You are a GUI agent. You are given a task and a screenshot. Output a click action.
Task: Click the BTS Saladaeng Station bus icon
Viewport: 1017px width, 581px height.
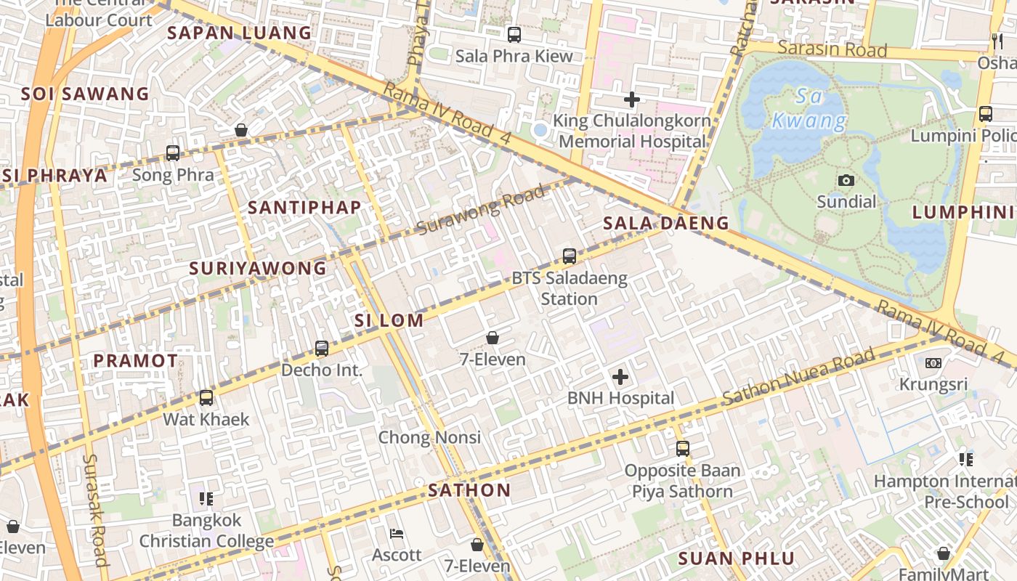tap(570, 256)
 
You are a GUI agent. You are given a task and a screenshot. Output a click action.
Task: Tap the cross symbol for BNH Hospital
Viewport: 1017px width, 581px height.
tap(620, 377)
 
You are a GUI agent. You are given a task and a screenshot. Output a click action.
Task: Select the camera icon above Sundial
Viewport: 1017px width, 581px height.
tap(846, 180)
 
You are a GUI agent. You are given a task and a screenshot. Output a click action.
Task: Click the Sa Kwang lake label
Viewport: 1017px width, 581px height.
tap(808, 108)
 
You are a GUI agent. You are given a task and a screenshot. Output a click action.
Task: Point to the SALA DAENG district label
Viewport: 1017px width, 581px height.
tap(666, 223)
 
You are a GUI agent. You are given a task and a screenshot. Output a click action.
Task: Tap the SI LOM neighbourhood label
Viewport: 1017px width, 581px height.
tap(389, 320)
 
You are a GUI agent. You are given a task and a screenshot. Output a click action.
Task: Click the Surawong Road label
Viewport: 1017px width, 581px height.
tap(481, 211)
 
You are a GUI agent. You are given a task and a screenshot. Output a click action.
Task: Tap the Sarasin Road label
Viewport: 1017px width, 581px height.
tap(832, 49)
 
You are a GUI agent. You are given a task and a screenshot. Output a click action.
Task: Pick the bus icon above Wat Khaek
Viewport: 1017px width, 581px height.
tap(206, 398)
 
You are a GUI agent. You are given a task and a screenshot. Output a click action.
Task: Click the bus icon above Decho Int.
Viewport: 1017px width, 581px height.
tap(322, 349)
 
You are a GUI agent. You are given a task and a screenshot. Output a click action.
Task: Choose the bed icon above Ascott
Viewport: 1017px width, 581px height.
tap(396, 534)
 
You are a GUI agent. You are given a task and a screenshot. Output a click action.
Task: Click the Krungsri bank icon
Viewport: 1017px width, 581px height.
tap(933, 362)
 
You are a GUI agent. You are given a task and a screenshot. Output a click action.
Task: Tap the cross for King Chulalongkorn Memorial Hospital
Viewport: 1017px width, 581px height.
tap(632, 99)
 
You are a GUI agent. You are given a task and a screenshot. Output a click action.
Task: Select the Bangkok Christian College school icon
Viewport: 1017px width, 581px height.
tap(206, 499)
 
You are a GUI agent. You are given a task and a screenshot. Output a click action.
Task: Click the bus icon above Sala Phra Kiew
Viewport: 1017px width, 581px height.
tap(514, 34)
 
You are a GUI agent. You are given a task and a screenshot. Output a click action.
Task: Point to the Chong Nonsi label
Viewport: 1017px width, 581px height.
tap(429, 437)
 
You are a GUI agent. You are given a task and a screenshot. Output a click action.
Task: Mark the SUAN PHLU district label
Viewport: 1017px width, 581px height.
tap(737, 558)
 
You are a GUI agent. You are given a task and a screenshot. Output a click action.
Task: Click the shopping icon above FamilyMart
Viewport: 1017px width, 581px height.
tap(943, 553)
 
